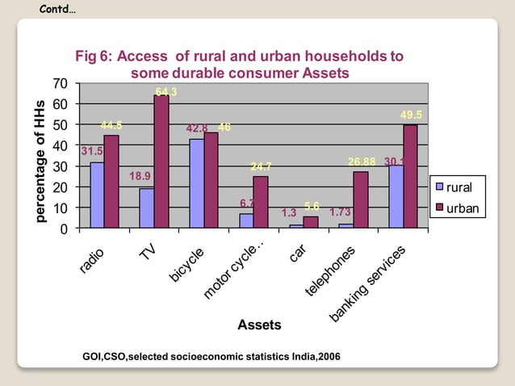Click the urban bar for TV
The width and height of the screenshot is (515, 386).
click(x=161, y=162)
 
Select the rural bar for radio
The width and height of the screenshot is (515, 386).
click(x=97, y=195)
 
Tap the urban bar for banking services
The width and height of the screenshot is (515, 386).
click(x=410, y=176)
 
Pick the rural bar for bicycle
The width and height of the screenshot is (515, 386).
click(x=196, y=183)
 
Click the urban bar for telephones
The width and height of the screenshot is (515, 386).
click(x=360, y=199)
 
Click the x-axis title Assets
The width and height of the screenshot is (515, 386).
click(x=259, y=325)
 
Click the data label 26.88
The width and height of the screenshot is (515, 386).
click(x=361, y=162)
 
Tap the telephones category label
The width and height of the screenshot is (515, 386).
click(x=331, y=269)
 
